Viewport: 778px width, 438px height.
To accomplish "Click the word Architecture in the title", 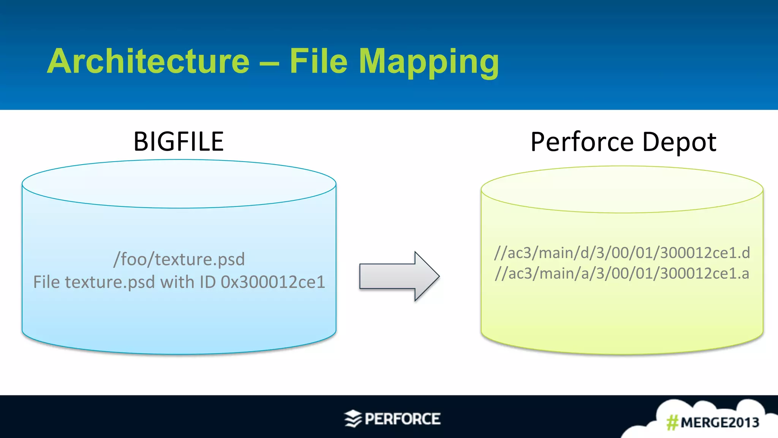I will (x=148, y=62).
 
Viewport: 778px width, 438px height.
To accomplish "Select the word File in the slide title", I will (x=318, y=62).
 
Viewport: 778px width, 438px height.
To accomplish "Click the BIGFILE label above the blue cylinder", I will (x=179, y=141).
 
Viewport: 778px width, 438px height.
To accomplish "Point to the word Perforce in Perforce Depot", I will (x=582, y=142).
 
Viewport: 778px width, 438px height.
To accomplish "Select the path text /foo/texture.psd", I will (x=179, y=259).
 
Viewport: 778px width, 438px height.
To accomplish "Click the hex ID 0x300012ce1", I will (x=273, y=282).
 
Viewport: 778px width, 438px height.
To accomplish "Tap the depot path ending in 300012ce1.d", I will (x=622, y=253).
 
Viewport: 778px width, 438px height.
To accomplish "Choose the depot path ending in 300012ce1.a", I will (x=622, y=274).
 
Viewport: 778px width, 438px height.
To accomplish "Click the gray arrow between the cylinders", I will (x=399, y=276).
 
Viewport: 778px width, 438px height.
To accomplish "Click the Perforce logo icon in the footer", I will (x=353, y=419).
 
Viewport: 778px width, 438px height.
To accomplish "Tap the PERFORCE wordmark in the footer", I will (x=402, y=419).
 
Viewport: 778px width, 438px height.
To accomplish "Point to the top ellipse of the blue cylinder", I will (x=179, y=184).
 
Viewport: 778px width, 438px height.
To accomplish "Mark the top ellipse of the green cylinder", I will (x=622, y=189).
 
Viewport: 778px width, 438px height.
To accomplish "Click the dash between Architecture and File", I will (x=269, y=63).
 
